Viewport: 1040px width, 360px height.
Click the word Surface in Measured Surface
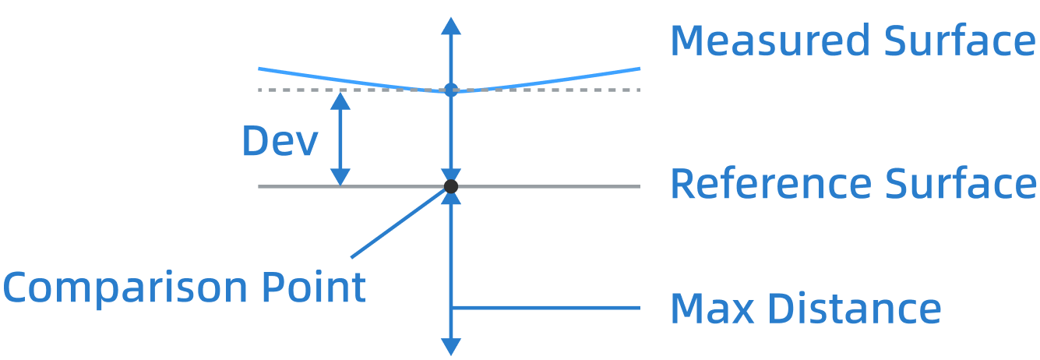click(x=960, y=41)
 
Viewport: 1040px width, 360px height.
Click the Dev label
click(x=280, y=141)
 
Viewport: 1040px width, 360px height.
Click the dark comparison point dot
click(x=450, y=186)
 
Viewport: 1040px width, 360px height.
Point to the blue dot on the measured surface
click(x=450, y=90)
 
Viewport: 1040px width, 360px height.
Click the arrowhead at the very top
click(x=450, y=25)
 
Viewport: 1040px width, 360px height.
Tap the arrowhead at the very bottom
click(x=450, y=348)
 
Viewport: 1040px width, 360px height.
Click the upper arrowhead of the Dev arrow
click(x=340, y=101)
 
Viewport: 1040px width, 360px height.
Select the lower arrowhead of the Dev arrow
click(x=340, y=176)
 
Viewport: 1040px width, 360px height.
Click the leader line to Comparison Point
click(x=397, y=224)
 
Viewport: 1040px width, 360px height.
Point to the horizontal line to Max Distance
click(x=545, y=308)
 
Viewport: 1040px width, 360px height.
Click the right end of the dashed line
click(x=638, y=90)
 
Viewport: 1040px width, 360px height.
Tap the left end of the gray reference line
click(x=260, y=187)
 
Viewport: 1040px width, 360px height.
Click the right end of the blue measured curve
click(x=638, y=69)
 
